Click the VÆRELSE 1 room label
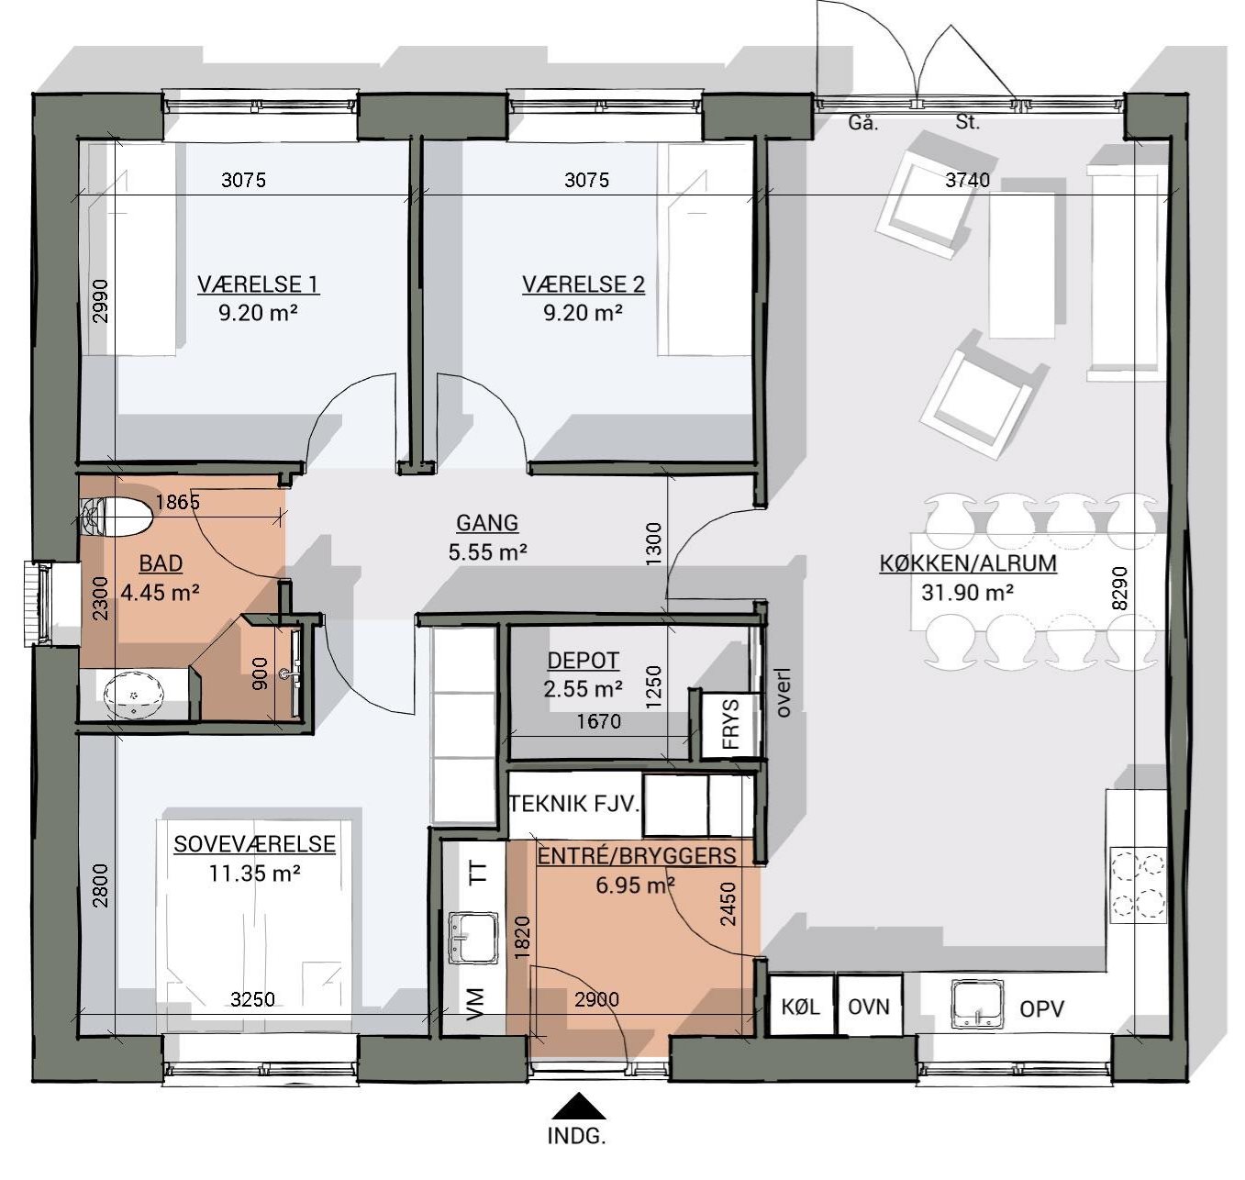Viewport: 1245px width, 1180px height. click(258, 284)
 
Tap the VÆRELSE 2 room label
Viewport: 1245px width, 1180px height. click(584, 284)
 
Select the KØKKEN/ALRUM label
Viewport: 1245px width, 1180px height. click(968, 563)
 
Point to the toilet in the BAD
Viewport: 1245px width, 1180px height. click(117, 517)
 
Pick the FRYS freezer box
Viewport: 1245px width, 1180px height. click(729, 725)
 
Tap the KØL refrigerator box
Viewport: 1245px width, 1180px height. click(800, 1007)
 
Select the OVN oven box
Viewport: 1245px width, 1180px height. click(869, 1007)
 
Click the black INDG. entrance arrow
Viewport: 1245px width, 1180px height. click(578, 1106)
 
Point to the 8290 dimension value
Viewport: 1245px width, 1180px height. click(1120, 588)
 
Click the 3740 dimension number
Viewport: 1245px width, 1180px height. click(967, 181)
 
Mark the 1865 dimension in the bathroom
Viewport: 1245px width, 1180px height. click(177, 502)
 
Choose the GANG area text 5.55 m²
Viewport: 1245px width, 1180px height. click(487, 552)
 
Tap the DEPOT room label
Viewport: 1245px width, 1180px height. click(583, 661)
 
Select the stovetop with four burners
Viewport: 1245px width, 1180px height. click(1138, 885)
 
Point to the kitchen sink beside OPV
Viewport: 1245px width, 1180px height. click(978, 1006)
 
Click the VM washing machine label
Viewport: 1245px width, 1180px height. click(475, 1005)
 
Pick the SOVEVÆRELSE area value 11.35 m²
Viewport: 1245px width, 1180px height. click(254, 874)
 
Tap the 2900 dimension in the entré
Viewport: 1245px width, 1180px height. click(596, 1000)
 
